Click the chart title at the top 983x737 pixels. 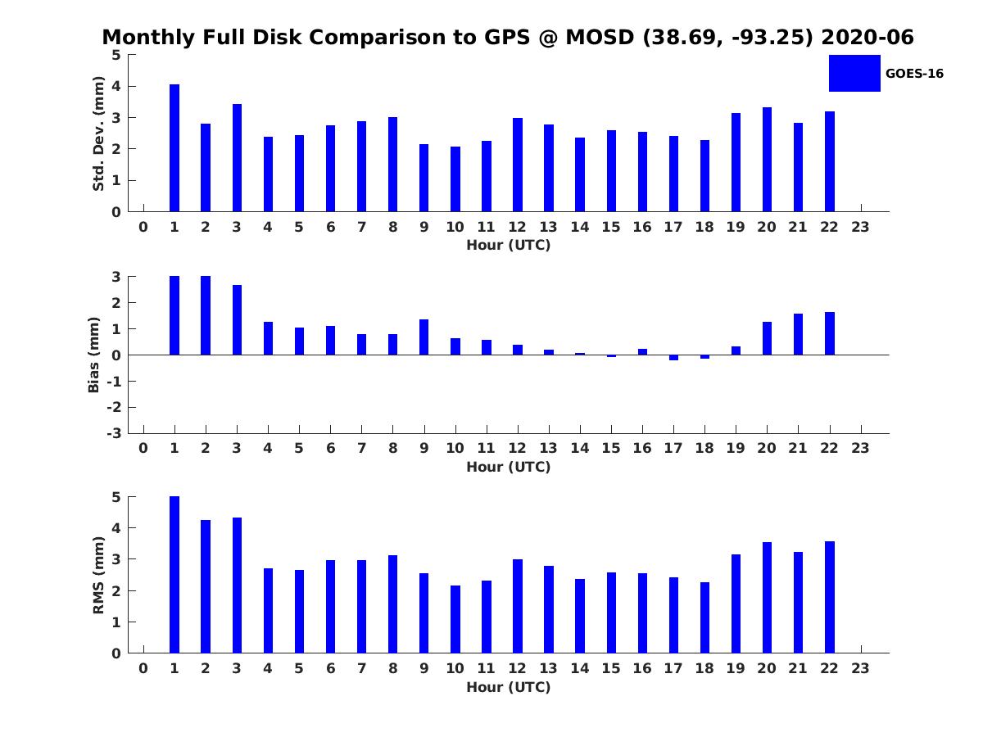(x=508, y=38)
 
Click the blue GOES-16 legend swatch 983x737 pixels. (x=854, y=73)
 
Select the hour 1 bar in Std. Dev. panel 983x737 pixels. (x=174, y=148)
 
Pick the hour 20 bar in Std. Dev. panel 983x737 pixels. (x=767, y=160)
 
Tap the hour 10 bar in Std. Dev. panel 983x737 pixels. (x=455, y=179)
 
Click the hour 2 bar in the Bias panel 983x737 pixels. (x=206, y=315)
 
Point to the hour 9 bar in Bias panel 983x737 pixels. (x=424, y=337)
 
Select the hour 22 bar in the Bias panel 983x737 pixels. (x=830, y=333)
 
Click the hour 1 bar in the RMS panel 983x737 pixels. (x=174, y=575)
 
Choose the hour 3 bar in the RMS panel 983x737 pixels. (x=237, y=586)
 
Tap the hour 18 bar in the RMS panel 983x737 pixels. (x=704, y=617)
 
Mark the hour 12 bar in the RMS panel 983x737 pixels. (x=518, y=606)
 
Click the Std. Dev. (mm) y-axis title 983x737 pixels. (x=98, y=133)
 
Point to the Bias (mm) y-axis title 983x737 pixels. (x=94, y=355)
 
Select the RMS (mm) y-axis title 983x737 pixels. (x=98, y=575)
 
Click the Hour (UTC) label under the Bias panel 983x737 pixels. (x=508, y=467)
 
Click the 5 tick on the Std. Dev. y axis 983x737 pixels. (x=116, y=55)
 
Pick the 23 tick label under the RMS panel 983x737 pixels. (x=860, y=668)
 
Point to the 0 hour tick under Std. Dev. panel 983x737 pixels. (x=143, y=227)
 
